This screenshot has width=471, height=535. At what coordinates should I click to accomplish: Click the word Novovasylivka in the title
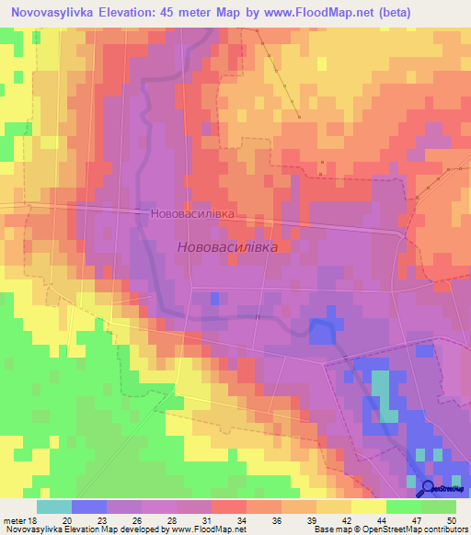click(56, 13)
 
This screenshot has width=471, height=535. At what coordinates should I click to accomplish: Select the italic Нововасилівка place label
click(225, 247)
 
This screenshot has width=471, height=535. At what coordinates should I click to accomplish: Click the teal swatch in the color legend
click(54, 506)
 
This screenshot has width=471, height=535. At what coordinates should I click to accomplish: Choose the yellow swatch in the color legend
click(369, 506)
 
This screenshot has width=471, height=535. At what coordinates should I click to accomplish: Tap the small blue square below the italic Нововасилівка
click(214, 298)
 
